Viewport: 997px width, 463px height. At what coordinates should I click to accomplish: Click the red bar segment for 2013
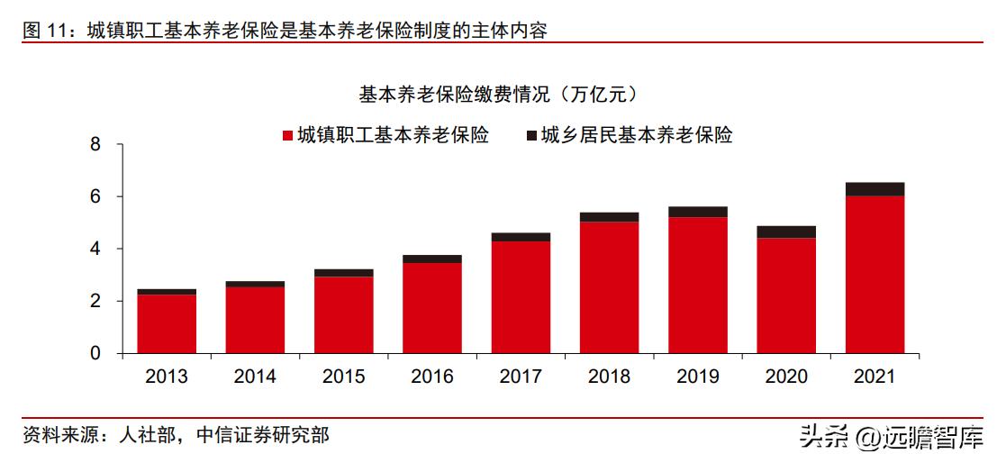click(x=167, y=323)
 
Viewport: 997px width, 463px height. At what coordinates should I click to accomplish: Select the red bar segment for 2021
click(x=875, y=274)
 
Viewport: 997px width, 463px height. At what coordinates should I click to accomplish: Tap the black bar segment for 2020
click(x=786, y=231)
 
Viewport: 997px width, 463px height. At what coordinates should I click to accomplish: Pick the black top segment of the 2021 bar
click(x=875, y=189)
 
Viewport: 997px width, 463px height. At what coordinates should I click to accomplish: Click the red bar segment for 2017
click(x=521, y=296)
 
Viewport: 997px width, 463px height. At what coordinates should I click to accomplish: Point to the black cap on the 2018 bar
click(x=609, y=217)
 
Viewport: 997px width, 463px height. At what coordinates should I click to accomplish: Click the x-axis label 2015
click(x=343, y=377)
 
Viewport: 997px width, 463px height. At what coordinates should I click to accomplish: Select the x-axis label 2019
click(x=697, y=377)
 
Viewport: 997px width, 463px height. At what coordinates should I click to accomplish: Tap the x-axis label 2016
click(x=432, y=377)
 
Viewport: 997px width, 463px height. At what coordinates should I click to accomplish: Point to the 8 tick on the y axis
click(x=95, y=145)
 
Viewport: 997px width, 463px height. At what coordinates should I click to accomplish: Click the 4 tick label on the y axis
click(x=95, y=249)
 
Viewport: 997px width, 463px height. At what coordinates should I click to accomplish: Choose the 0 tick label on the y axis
click(x=95, y=353)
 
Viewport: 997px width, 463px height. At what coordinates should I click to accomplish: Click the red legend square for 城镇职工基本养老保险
click(x=287, y=136)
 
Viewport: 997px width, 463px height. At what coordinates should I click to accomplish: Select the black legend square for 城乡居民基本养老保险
click(x=531, y=136)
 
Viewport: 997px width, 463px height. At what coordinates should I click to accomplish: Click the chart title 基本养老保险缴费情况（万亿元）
click(x=498, y=94)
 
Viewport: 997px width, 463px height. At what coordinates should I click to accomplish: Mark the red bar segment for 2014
click(x=255, y=320)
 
